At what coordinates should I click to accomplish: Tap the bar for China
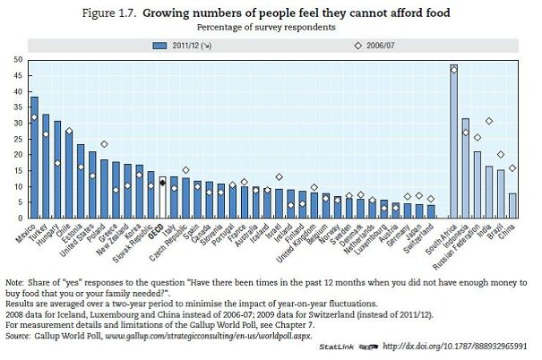point(512,205)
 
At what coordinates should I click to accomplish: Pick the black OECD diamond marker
point(162,182)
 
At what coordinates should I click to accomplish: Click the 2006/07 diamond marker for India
point(488,121)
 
